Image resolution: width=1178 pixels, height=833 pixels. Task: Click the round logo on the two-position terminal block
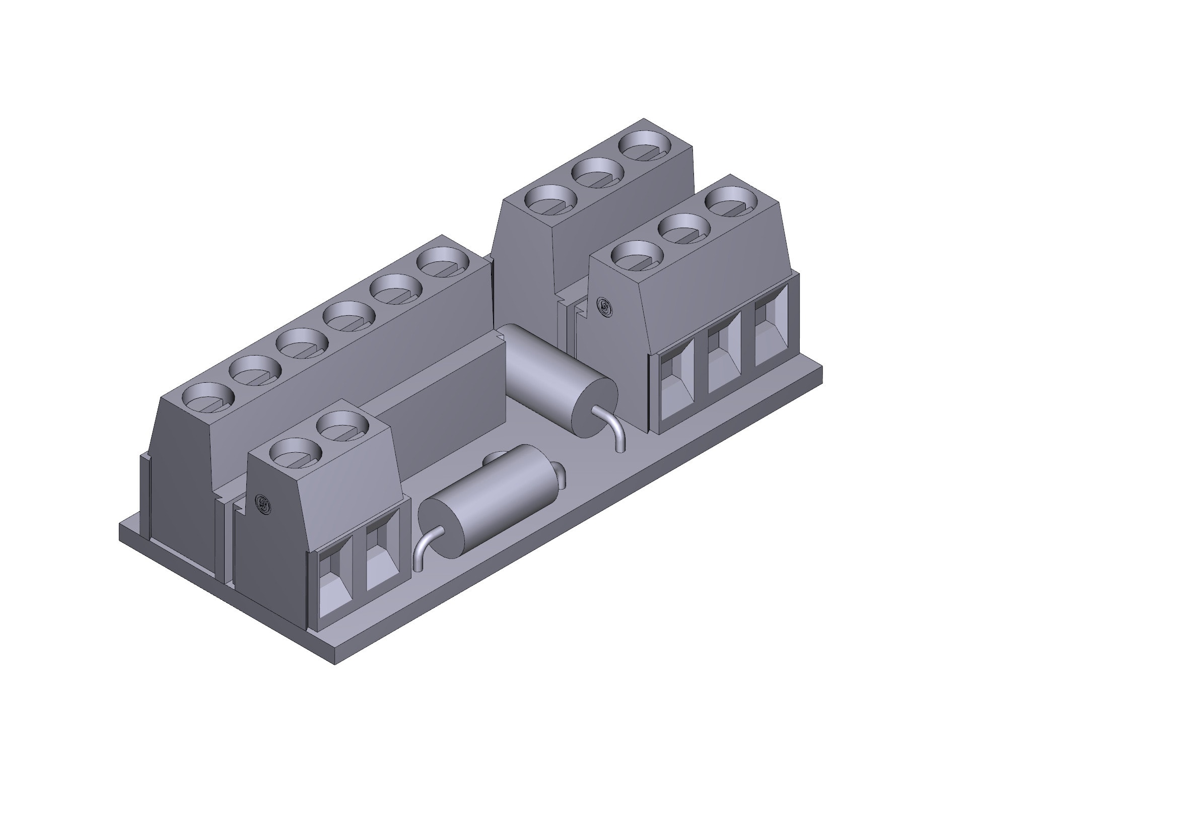point(264,505)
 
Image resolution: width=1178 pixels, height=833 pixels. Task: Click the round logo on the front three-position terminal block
point(604,307)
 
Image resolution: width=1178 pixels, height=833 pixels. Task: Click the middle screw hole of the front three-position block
point(684,227)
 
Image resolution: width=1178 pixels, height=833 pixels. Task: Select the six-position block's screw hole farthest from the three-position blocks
point(209,397)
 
